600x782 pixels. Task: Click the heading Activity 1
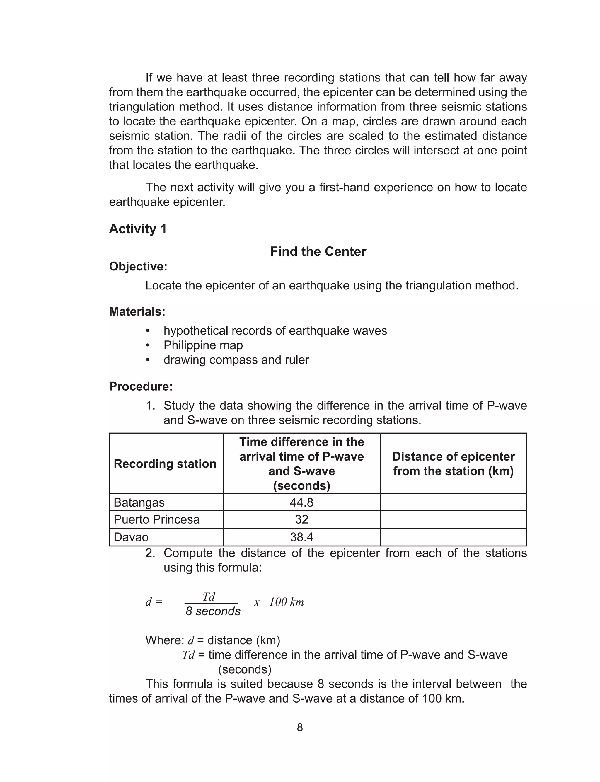tap(138, 229)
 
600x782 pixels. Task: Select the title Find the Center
tap(318, 251)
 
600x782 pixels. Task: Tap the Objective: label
tap(138, 266)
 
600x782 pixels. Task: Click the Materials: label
tap(137, 311)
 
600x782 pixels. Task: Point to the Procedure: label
tap(141, 386)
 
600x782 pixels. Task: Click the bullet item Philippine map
tap(203, 345)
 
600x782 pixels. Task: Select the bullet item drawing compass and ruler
tap(236, 360)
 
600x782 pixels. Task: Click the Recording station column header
tap(165, 464)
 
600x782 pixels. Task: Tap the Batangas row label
tap(139, 502)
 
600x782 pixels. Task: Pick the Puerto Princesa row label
tap(156, 519)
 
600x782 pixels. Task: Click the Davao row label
tap(131, 537)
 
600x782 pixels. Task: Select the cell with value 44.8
tap(301, 502)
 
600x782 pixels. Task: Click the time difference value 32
tap(301, 519)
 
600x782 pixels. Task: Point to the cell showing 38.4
tap(301, 537)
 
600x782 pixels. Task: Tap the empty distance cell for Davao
tap(453, 537)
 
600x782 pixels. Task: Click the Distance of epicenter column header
tap(453, 464)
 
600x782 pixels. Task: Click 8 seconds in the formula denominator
tap(213, 611)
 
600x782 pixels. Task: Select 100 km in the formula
tap(286, 602)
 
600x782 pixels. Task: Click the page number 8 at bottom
tap(300, 728)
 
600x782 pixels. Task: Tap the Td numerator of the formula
tap(209, 597)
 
